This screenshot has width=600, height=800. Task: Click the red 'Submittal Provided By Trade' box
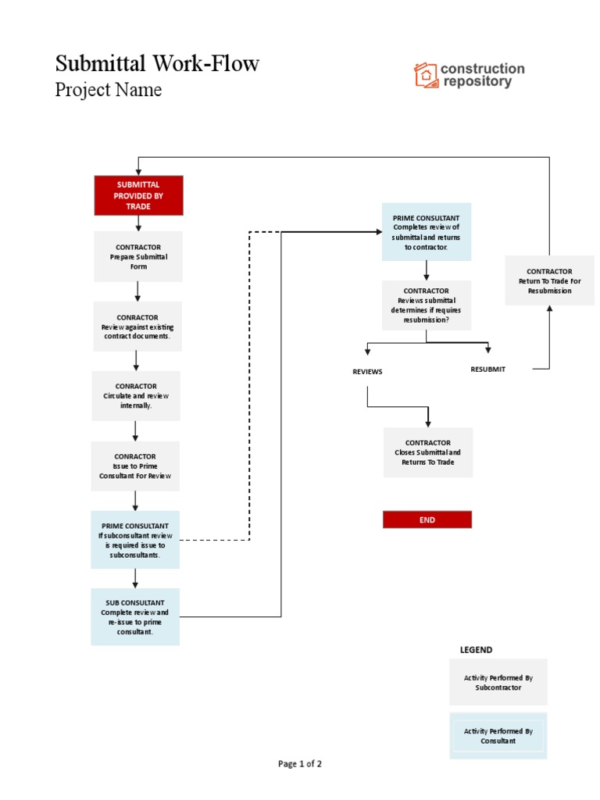coord(138,195)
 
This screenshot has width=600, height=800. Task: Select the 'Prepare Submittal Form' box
coord(138,256)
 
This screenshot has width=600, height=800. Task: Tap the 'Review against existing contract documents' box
coord(137,327)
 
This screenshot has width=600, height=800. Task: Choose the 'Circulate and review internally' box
coord(136,396)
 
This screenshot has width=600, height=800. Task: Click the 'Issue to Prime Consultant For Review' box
coord(135,466)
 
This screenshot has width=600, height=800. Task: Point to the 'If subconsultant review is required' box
coord(135,540)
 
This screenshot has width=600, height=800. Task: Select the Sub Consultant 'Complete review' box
coord(135,616)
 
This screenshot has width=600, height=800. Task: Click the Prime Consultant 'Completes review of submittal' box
coord(427,232)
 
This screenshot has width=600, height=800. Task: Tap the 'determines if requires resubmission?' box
coord(427,305)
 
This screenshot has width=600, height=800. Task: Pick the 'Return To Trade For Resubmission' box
coord(549,280)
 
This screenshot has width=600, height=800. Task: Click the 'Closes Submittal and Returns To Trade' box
coord(427,452)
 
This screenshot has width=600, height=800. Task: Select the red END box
coord(427,520)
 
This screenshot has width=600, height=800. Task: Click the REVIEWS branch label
coord(367,372)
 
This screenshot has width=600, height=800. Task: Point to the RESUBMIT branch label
coord(487,369)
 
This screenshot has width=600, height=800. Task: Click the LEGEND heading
coord(476,649)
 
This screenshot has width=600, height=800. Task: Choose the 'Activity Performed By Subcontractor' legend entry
coord(498,682)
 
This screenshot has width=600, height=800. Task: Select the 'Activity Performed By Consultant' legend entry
coord(498,736)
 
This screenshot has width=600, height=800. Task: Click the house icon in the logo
coord(426,75)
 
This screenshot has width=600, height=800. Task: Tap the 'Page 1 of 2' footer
coord(300,764)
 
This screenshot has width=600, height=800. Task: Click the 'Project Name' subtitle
coord(109,90)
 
